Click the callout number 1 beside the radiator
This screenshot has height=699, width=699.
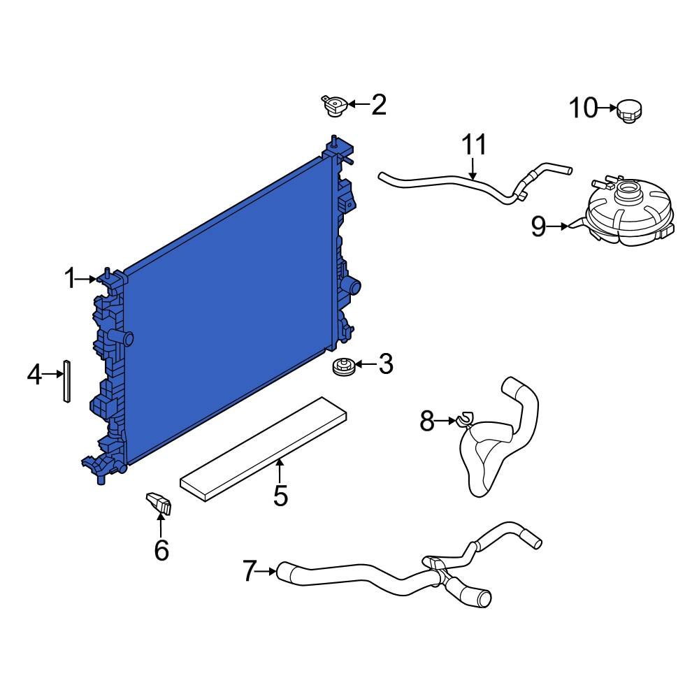click(70, 279)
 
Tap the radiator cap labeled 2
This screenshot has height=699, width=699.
click(333, 106)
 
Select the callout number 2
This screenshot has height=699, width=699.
click(378, 105)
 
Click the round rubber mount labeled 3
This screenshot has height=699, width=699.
click(343, 366)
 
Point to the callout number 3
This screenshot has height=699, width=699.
click(385, 364)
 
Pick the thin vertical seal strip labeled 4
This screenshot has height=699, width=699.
click(66, 381)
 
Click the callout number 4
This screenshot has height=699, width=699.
click(35, 375)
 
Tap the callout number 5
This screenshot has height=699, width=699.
click(280, 495)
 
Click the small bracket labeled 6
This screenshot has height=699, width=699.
click(159, 503)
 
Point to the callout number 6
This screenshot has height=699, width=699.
click(161, 550)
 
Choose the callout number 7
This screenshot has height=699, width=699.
click(250, 571)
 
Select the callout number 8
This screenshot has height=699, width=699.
click(428, 421)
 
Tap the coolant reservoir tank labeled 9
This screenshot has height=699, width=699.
click(628, 213)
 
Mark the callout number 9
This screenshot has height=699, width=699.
click(538, 226)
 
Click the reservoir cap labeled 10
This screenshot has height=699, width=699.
click(629, 110)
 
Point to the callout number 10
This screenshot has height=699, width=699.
click(583, 108)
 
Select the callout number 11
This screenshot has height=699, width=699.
click(473, 145)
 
